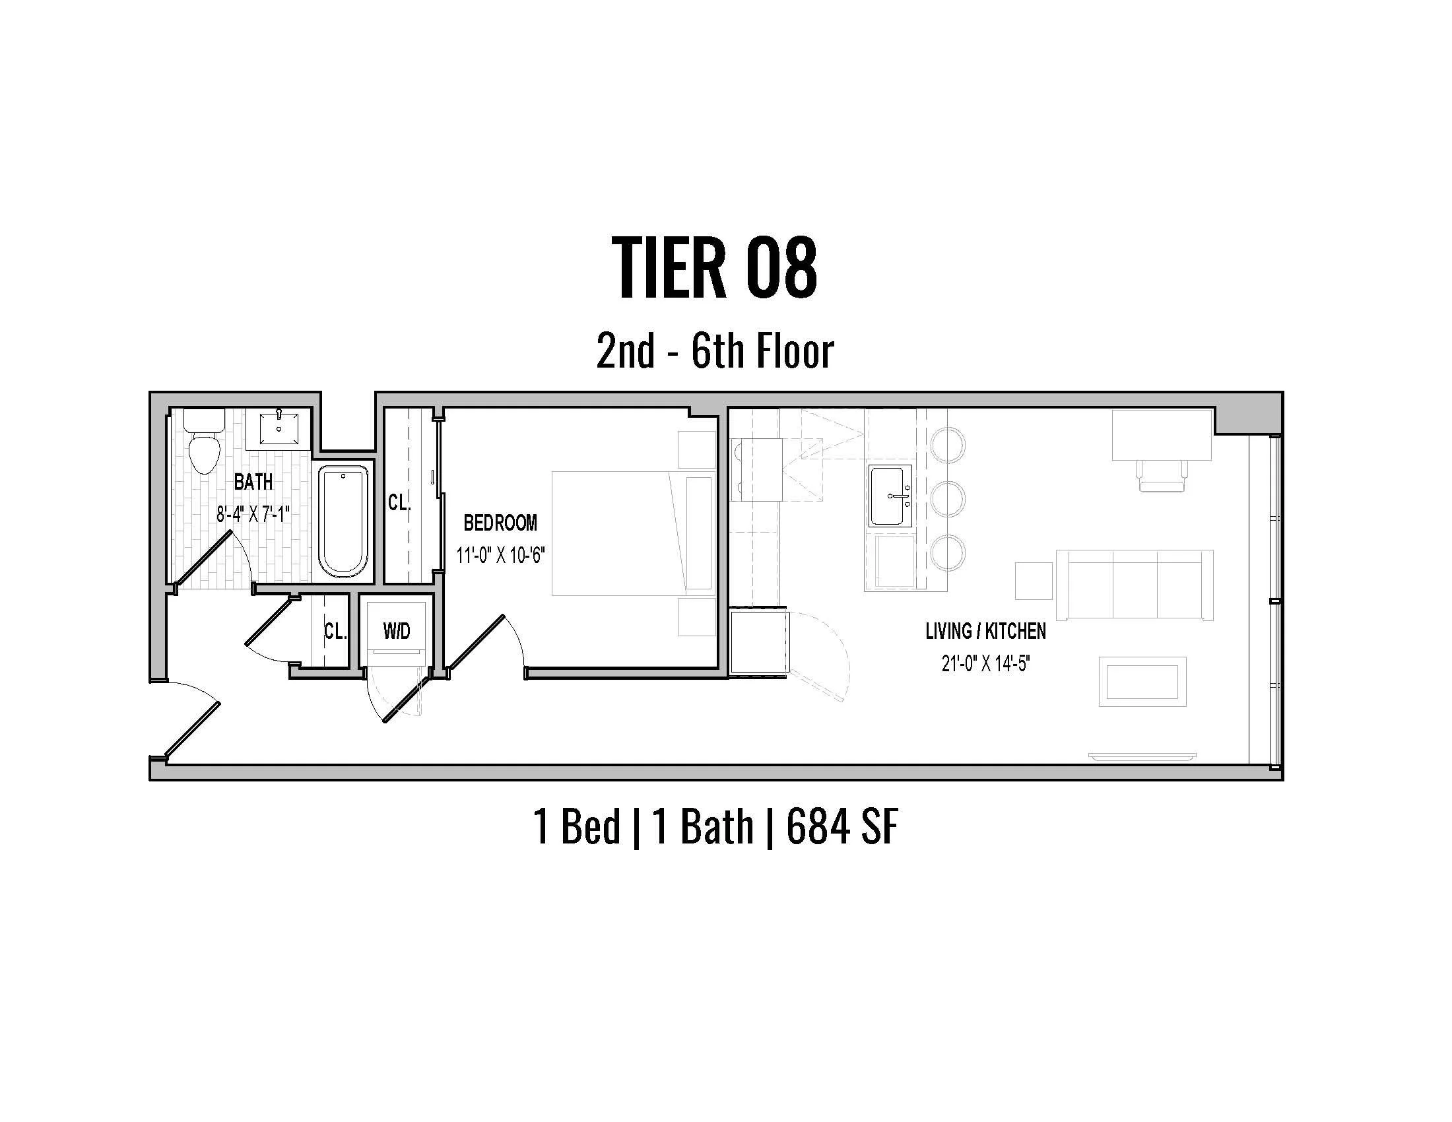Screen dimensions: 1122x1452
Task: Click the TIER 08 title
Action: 714,269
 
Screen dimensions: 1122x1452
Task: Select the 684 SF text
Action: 842,828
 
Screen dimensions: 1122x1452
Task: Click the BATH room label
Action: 253,482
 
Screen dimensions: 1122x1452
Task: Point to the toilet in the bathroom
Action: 203,444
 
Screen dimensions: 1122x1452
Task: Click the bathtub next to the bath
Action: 343,522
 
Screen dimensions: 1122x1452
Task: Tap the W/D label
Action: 396,632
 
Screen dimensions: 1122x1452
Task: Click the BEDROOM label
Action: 500,523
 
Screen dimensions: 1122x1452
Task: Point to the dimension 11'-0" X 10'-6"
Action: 500,555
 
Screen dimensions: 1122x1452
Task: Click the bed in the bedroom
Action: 615,533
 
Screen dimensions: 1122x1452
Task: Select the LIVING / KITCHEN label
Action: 985,632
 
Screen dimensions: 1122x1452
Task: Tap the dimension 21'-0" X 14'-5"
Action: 985,663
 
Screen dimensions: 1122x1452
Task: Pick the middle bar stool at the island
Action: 947,499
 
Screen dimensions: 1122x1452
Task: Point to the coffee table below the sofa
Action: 1142,682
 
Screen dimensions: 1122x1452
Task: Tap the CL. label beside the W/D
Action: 335,632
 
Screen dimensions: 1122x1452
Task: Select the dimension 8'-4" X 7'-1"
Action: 253,513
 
